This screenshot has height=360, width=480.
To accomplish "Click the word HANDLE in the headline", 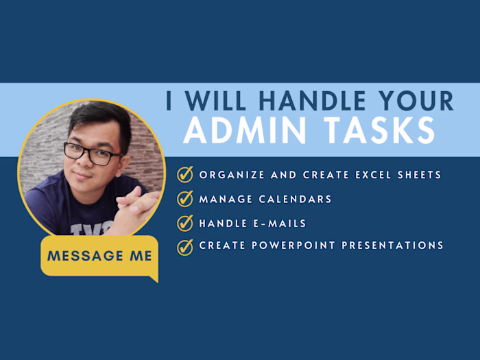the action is tap(313, 101).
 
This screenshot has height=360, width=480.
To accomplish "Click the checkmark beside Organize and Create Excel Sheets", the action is tap(185, 174).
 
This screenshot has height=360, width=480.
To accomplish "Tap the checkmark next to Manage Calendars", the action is tap(185, 199).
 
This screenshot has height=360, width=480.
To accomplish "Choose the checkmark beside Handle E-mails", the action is tap(185, 223).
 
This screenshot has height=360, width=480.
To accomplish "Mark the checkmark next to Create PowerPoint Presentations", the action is tap(185, 247).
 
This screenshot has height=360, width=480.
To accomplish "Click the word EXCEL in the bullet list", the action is tap(373, 175).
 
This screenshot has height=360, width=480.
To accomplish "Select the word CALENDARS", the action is tap(295, 200).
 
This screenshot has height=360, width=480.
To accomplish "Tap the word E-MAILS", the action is tap(280, 224).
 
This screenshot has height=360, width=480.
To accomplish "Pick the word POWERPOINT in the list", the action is tap(293, 245).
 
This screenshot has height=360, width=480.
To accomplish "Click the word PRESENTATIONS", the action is tap(392, 245).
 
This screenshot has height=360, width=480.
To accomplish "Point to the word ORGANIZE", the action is tap(232, 175).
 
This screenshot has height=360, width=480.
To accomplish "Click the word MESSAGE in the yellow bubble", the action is tap(85, 256).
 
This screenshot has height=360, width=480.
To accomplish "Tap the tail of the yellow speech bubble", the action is tap(155, 278).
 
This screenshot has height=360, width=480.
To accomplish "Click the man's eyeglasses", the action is tap(93, 154).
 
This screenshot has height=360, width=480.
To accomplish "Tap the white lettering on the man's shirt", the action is tap(92, 228).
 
